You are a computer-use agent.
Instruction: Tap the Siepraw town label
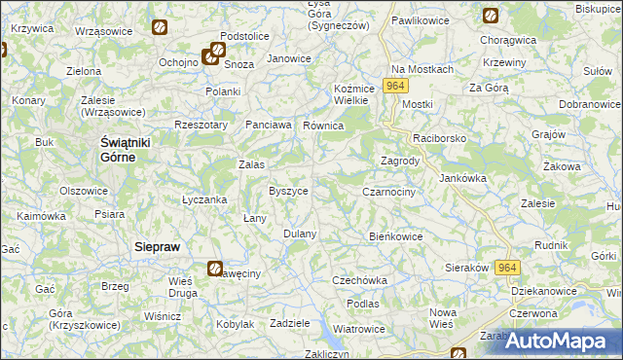pyautogui.click(x=157, y=247)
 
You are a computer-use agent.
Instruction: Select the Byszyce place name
pyautogui.click(x=288, y=191)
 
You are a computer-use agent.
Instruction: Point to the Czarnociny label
pyautogui.click(x=388, y=193)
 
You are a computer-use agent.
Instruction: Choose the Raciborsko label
pyautogui.click(x=439, y=138)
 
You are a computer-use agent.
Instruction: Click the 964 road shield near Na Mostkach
pyautogui.click(x=394, y=87)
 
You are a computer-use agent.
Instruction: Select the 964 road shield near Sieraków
pyautogui.click(x=506, y=268)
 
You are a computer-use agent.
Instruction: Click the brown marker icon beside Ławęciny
pyautogui.click(x=215, y=269)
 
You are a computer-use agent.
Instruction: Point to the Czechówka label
pyautogui.click(x=359, y=280)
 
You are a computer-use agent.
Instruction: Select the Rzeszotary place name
pyautogui.click(x=201, y=125)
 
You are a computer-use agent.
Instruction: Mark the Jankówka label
pyautogui.click(x=462, y=178)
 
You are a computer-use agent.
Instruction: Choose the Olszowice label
pyautogui.click(x=84, y=191)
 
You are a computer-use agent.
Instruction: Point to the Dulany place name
pyautogui.click(x=300, y=234)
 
